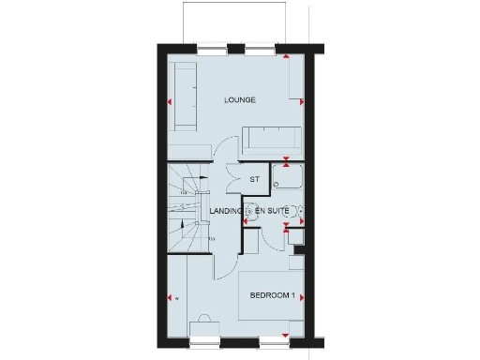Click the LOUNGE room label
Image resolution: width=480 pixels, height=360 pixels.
[x=241, y=99]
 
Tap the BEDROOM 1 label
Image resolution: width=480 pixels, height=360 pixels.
[x=273, y=296]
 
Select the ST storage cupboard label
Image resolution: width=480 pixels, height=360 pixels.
[x=253, y=179]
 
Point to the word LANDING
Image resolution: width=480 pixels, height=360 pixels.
[x=226, y=212]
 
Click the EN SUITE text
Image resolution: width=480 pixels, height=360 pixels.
[x=272, y=212]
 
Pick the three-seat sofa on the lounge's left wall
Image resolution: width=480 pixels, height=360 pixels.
[x=183, y=97]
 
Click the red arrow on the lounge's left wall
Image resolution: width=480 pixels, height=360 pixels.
[x=171, y=101]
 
